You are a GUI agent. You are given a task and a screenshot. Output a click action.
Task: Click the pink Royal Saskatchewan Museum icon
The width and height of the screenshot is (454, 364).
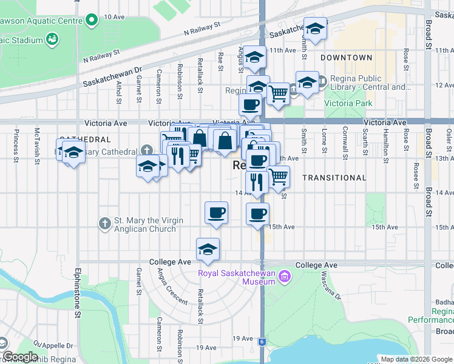click(x=283, y=277)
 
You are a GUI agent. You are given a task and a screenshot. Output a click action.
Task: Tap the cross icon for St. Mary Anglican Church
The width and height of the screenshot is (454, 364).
click(x=105, y=224)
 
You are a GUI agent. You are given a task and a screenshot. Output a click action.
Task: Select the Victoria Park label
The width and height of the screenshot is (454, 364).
click(x=348, y=103)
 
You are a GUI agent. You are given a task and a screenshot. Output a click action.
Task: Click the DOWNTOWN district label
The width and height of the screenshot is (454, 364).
click(x=346, y=58)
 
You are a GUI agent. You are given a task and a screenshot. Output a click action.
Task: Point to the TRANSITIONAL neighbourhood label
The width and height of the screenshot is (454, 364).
click(x=334, y=178)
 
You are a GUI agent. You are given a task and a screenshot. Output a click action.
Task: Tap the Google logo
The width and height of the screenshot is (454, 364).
click(x=19, y=357)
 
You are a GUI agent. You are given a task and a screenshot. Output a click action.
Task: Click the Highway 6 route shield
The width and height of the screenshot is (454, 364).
click(x=262, y=342)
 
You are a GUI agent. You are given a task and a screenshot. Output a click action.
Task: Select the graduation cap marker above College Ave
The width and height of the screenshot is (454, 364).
click(x=208, y=249)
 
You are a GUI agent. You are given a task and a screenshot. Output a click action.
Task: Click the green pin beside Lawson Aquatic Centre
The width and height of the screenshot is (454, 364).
click(x=91, y=20)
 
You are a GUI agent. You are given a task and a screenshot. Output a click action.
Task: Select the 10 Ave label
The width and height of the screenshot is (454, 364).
click(x=113, y=17)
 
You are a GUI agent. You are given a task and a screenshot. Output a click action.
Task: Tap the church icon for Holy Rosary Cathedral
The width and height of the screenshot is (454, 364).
click(x=146, y=150)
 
